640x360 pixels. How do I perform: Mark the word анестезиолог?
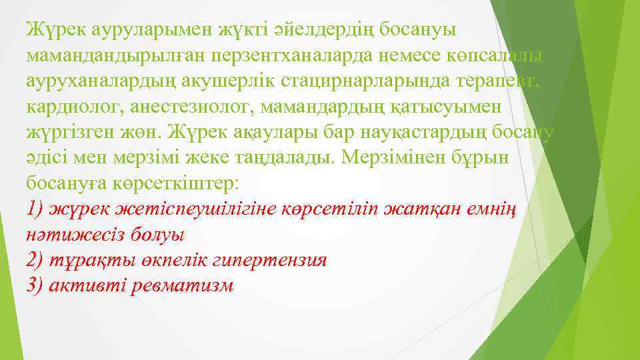tap(203, 107)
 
